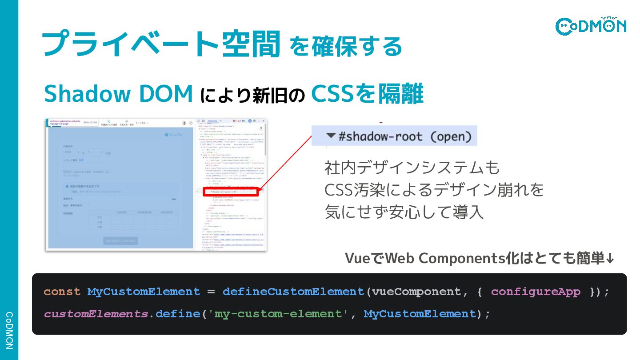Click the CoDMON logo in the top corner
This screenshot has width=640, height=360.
(x=591, y=26)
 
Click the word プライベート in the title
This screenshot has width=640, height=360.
(x=129, y=44)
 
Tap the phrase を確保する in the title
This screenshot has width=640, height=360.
(x=346, y=46)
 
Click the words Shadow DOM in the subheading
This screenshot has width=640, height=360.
(x=118, y=94)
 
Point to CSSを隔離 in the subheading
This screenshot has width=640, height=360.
(x=367, y=94)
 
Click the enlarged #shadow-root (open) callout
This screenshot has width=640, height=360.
(x=394, y=136)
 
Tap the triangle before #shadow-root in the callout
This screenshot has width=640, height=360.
(x=330, y=136)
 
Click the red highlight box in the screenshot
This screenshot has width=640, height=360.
(x=231, y=192)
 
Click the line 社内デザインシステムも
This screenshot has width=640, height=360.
(x=412, y=168)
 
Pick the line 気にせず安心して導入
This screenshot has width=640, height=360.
(x=404, y=212)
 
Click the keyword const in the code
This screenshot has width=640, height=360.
(x=62, y=292)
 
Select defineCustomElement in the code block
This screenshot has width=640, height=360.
(x=293, y=292)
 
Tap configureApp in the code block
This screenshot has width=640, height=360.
(x=536, y=292)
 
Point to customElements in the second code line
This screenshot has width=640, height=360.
(x=96, y=314)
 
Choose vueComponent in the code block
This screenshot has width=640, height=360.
(x=416, y=292)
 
